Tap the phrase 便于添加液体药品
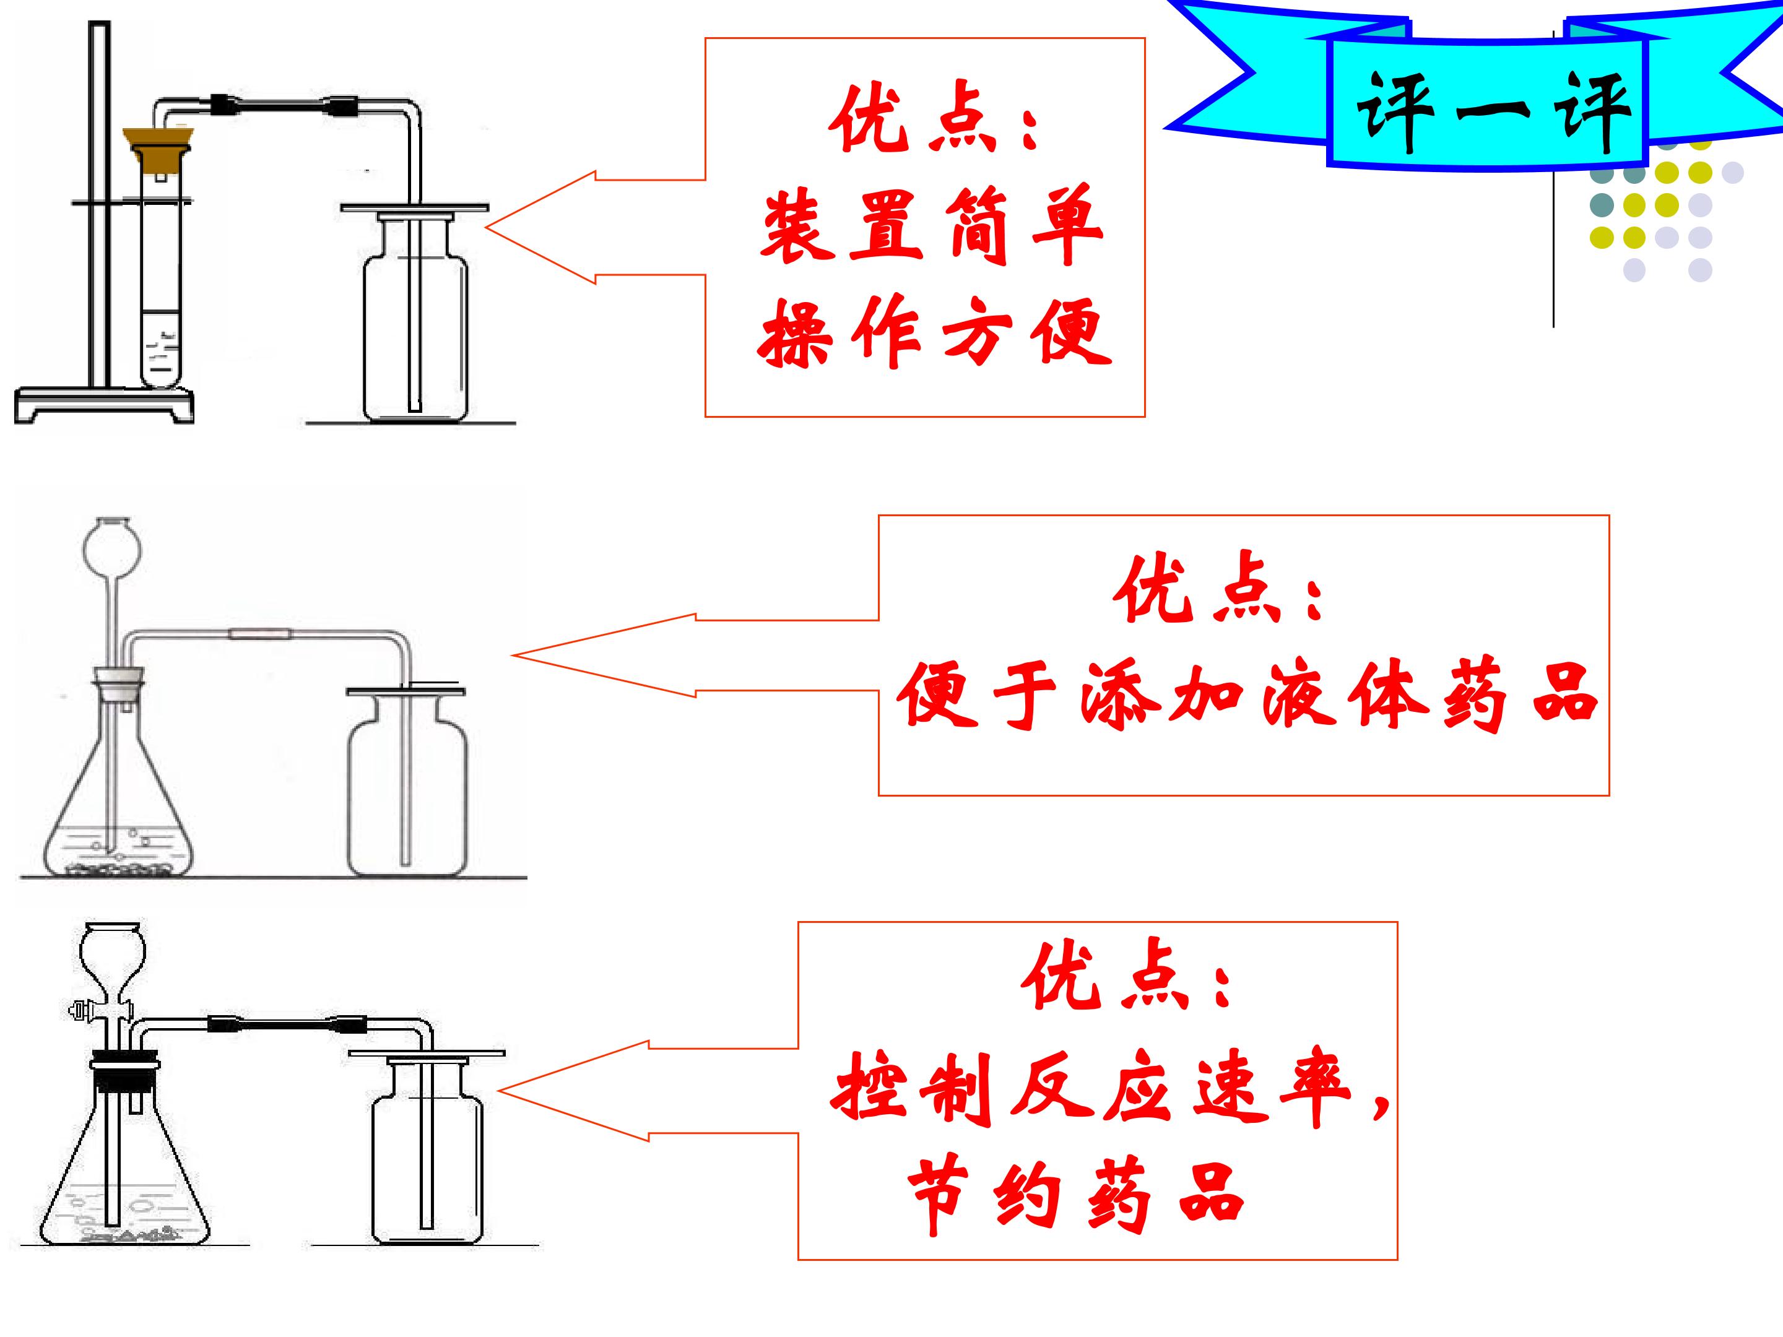tap(1247, 694)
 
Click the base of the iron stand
tap(105, 403)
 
